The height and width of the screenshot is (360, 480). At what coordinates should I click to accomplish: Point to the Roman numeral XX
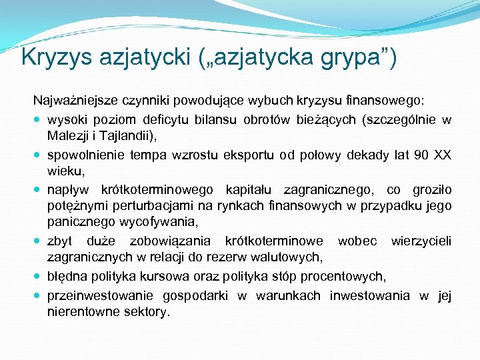[443, 155]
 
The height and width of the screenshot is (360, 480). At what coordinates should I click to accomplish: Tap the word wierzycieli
[421, 240]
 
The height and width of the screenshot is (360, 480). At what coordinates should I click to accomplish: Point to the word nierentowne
[78, 311]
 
